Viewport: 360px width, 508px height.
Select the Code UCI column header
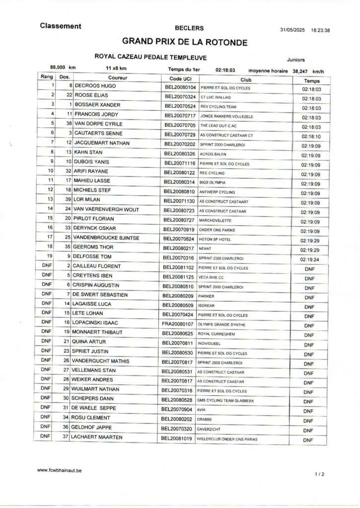coord(180,79)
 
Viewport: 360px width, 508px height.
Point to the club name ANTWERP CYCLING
coord(217,192)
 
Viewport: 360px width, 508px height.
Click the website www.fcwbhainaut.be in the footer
coord(60,469)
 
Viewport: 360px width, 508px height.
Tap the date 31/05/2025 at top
coord(292,30)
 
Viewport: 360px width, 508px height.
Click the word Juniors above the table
coord(296,59)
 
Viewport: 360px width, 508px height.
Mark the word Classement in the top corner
coord(61,26)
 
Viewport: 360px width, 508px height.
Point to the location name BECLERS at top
coord(186,29)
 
